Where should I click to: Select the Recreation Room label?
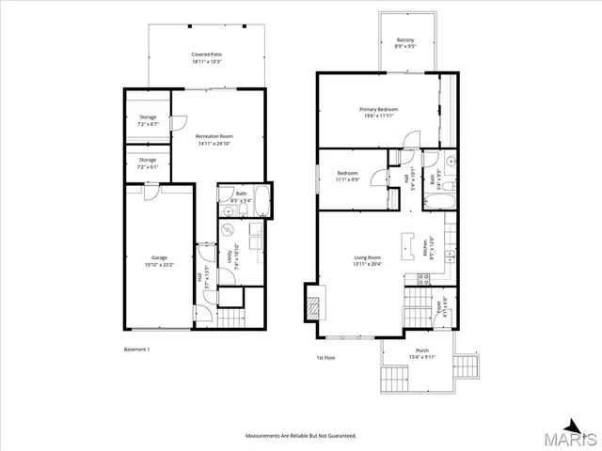(x=214, y=140)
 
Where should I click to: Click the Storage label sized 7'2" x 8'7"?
(x=148, y=120)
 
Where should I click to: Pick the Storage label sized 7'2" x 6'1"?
(x=148, y=163)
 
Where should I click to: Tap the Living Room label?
(x=367, y=260)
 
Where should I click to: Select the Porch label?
(x=421, y=353)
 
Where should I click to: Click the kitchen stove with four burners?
(x=422, y=278)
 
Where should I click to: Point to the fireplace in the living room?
(x=311, y=303)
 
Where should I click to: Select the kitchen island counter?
(x=408, y=246)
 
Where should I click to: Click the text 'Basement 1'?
(x=137, y=350)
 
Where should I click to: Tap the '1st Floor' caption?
(x=326, y=357)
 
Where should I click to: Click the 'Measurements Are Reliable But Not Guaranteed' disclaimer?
(x=300, y=436)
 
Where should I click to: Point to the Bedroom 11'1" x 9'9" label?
(x=347, y=176)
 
